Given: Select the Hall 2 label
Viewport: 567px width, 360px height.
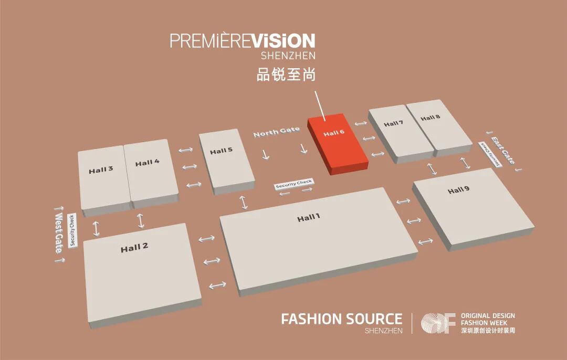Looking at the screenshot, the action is tap(134, 248).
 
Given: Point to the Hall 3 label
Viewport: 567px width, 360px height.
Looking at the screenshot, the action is tap(101, 170).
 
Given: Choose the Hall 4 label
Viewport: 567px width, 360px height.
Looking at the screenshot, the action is tap(147, 163).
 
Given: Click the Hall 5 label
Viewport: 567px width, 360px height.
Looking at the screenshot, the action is tap(221, 151).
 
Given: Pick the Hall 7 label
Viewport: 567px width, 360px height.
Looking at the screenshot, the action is tap(393, 124).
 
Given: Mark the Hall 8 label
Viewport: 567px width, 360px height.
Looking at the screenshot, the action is tap(430, 118).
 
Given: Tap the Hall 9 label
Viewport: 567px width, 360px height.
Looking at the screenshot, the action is tap(459, 190).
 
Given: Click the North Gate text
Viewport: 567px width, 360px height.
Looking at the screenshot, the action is tap(276, 132).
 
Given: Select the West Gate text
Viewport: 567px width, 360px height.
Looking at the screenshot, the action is tap(59, 232).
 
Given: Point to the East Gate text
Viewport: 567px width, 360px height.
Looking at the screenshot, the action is tap(503, 149).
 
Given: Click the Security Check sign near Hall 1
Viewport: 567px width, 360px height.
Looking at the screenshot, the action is tap(294, 184).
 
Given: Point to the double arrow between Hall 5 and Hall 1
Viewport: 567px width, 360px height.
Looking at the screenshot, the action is tap(243, 202).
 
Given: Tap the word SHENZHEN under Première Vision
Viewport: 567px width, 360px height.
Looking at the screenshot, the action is tap(288, 55).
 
